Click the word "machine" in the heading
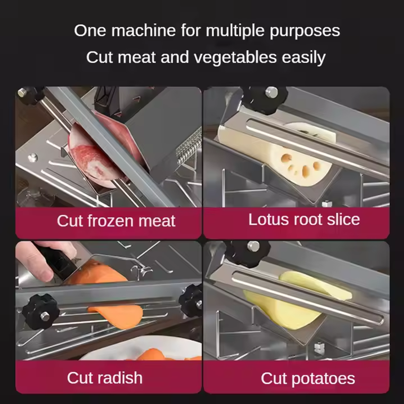(x=143, y=30)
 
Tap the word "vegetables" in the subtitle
(x=235, y=57)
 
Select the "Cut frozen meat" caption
(x=116, y=221)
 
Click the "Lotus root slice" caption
(x=304, y=220)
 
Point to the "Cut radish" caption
(x=105, y=378)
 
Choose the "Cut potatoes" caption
(x=308, y=378)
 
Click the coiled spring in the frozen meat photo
(x=188, y=147)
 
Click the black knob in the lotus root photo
(x=266, y=98)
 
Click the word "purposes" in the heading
(x=305, y=31)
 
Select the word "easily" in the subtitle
(x=304, y=58)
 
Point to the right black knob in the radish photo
(x=191, y=300)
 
